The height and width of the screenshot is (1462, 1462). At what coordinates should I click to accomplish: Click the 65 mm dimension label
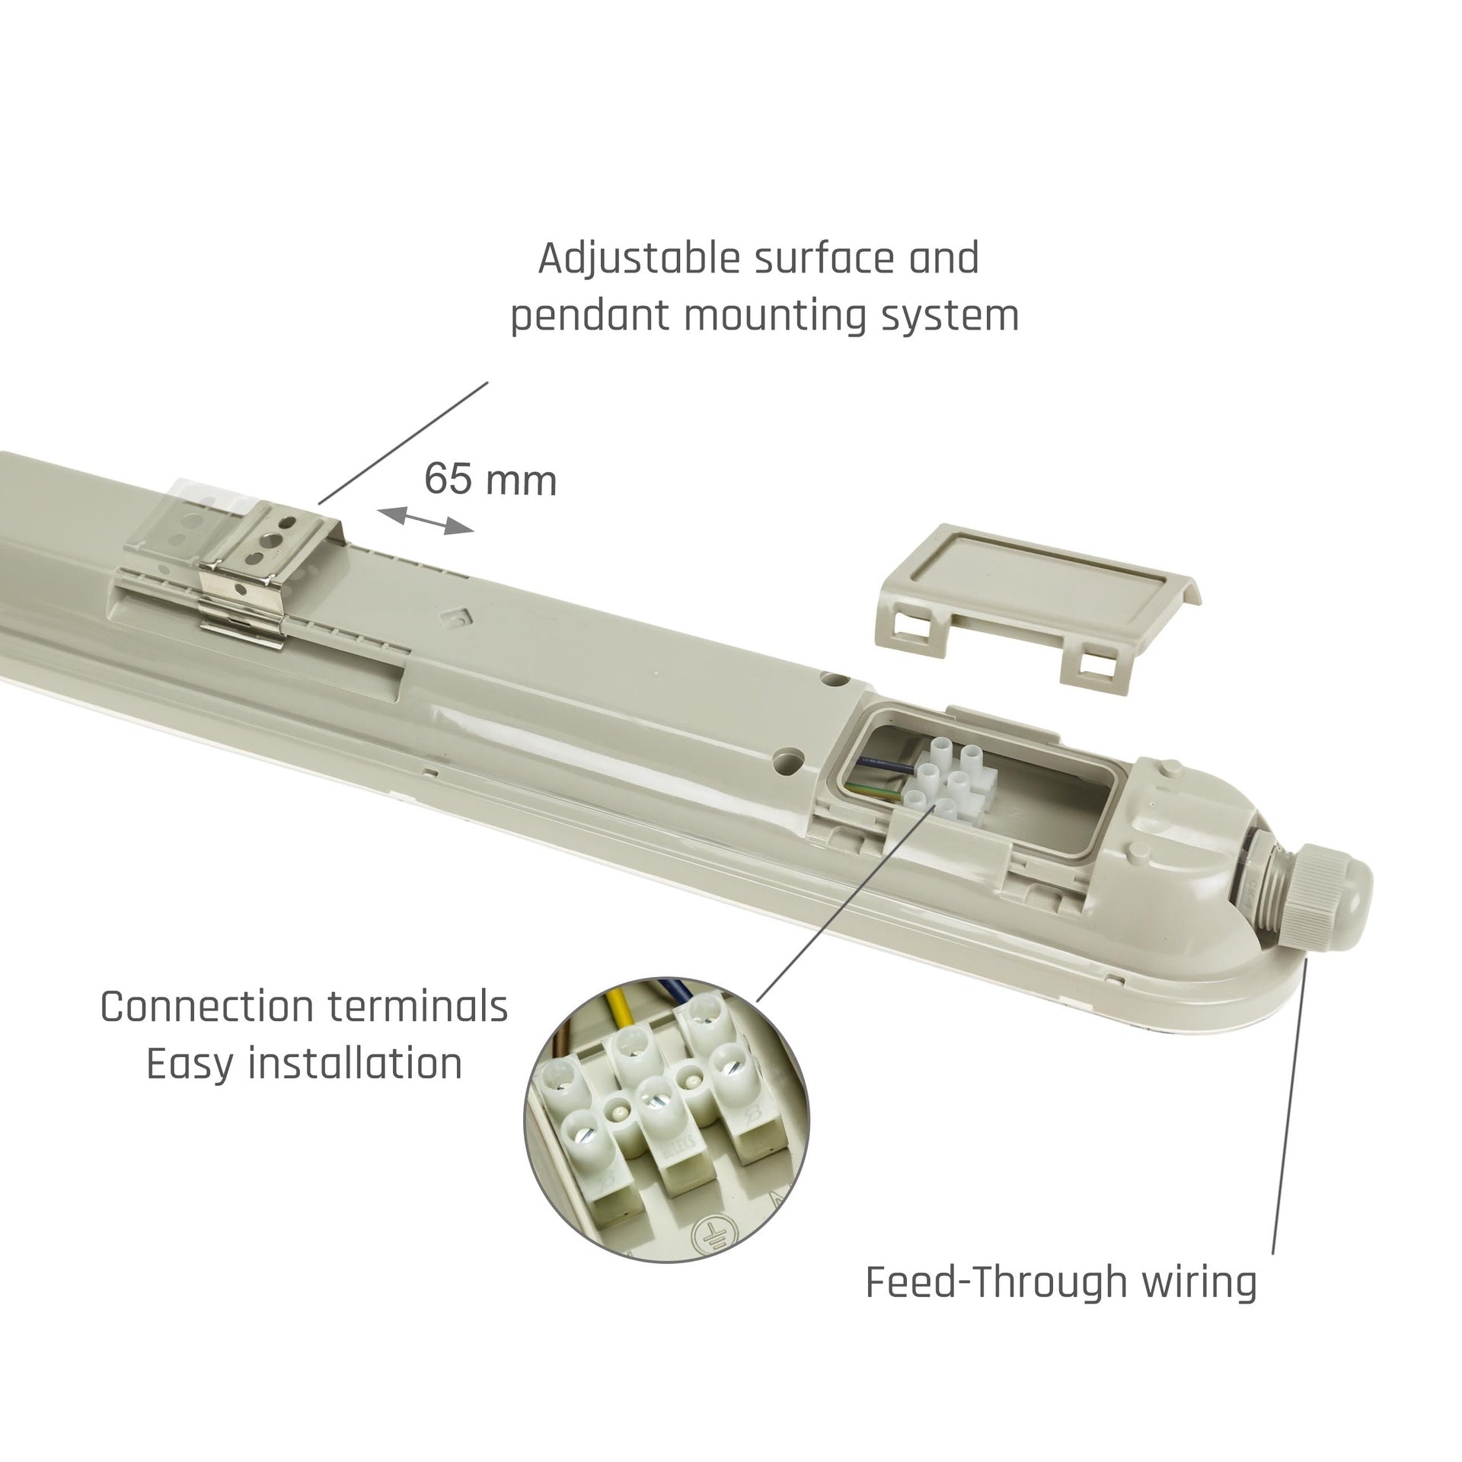(x=490, y=480)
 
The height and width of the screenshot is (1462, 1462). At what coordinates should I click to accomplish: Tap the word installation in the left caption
(x=356, y=1063)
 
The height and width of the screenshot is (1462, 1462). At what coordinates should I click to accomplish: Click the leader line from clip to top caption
(x=404, y=442)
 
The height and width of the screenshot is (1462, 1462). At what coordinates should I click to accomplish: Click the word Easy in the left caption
(x=192, y=1065)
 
